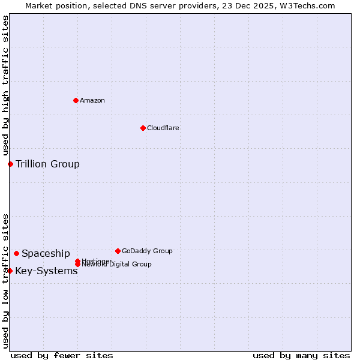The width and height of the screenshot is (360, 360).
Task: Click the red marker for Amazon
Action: pyautogui.click(x=76, y=100)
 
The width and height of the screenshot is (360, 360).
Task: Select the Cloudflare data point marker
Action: pyautogui.click(x=143, y=128)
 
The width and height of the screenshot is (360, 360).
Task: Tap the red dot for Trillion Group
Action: pyautogui.click(x=10, y=164)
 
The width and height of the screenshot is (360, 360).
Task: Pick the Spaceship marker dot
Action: pyautogui.click(x=16, y=253)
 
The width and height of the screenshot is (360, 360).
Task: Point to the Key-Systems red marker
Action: pyautogui.click(x=10, y=271)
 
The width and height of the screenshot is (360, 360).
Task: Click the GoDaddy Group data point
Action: pyautogui.click(x=118, y=251)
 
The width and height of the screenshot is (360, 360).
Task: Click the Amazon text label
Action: pyautogui.click(x=92, y=100)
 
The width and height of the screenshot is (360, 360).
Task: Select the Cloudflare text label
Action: pyautogui.click(x=163, y=128)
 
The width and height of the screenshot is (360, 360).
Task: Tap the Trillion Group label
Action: pyautogui.click(x=47, y=164)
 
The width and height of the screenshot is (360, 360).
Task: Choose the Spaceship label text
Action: pyautogui.click(x=46, y=253)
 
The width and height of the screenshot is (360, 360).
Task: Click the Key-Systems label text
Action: pyautogui.click(x=46, y=271)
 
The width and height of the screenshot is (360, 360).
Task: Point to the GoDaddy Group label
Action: pyautogui.click(x=147, y=251)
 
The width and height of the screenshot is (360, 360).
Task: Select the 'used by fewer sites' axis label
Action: pyautogui.click(x=62, y=355)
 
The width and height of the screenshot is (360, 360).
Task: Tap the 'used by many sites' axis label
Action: pyautogui.click(x=301, y=355)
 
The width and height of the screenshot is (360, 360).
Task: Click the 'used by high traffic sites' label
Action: pyautogui.click(x=5, y=86)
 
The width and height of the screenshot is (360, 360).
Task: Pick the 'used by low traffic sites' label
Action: pyautogui.click(x=5, y=280)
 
